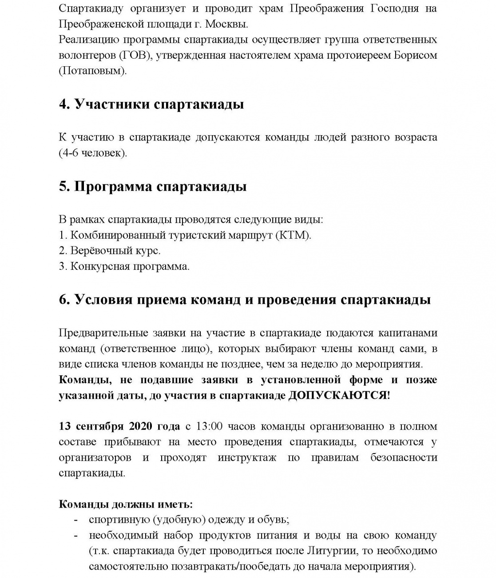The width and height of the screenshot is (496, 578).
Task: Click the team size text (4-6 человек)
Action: pyautogui.click(x=93, y=153)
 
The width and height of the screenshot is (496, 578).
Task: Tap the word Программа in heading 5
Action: pyautogui.click(x=113, y=186)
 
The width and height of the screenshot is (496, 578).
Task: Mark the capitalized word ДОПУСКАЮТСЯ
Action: pyautogui.click(x=337, y=395)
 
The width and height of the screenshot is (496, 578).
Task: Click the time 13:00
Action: pyautogui.click(x=209, y=426)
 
